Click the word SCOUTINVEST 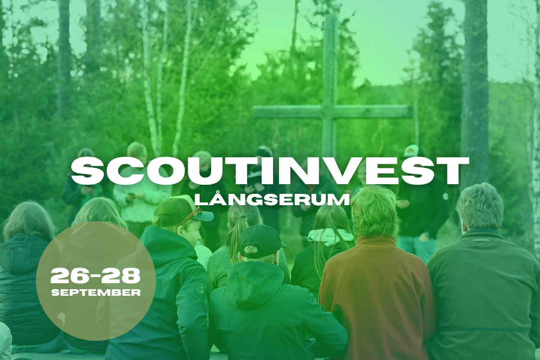pos(269,171)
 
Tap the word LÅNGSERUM pos(272,199)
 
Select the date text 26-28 pos(96,275)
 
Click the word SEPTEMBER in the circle pos(96,293)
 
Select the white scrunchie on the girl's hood pos(330,236)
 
